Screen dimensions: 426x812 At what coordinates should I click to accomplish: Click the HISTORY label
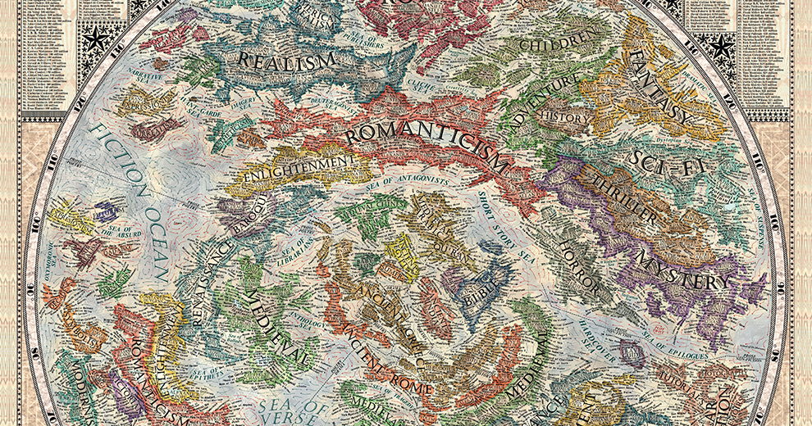coord(566,118)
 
